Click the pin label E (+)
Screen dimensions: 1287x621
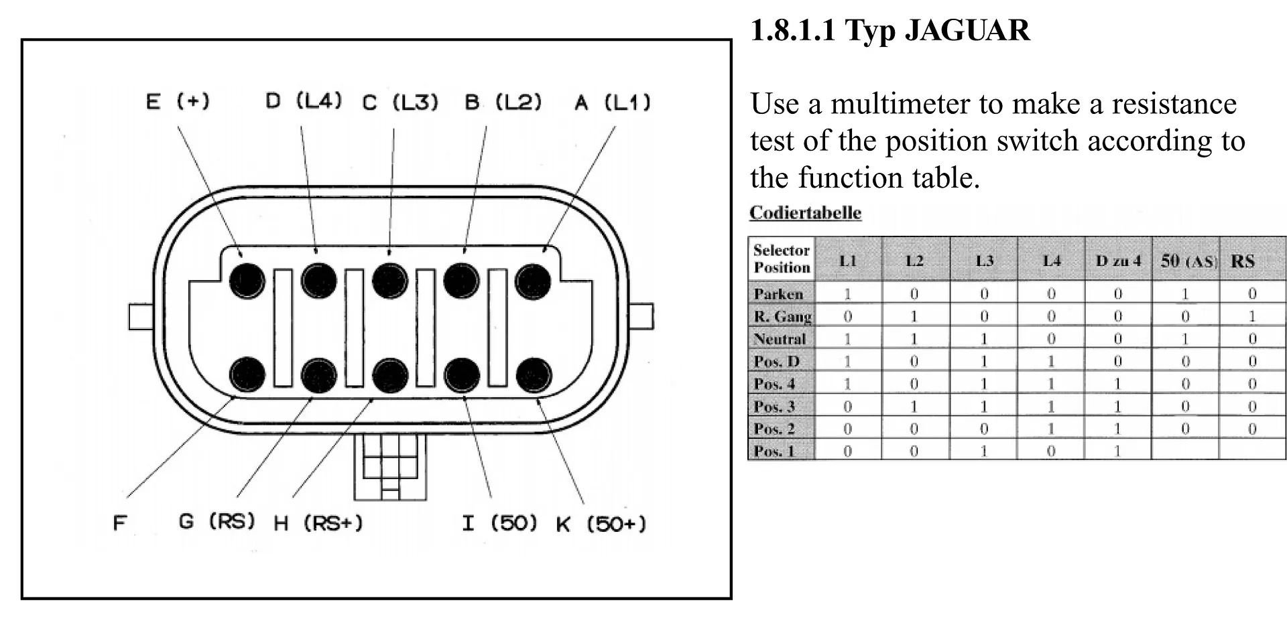(178, 102)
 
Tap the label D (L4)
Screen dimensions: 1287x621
(304, 101)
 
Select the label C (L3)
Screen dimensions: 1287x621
(400, 102)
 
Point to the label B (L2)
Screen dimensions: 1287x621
(503, 102)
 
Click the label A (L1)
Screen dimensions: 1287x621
(613, 102)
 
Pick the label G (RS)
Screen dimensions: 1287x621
(217, 521)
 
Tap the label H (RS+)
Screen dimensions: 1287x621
(318, 523)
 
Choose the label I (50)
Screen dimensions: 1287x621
(500, 523)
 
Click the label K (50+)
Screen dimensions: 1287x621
(601, 524)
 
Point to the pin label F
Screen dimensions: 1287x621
(119, 523)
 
